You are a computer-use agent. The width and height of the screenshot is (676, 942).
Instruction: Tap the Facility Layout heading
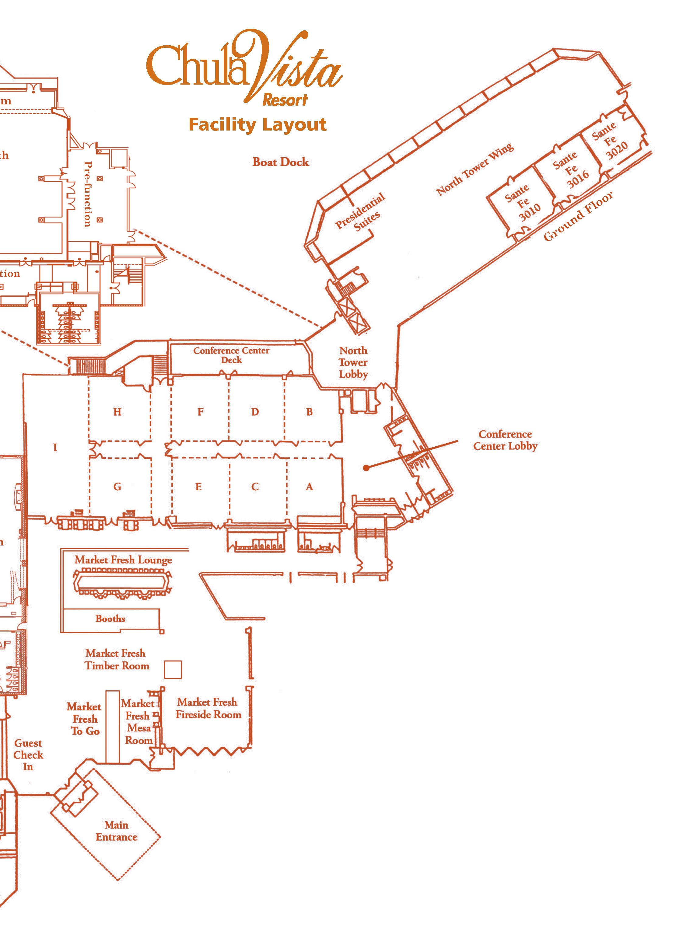[257, 125]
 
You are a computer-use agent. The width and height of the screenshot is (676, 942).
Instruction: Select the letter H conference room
[117, 412]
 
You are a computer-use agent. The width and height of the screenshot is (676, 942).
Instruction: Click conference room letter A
[309, 487]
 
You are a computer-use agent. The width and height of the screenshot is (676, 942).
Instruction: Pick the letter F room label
[200, 412]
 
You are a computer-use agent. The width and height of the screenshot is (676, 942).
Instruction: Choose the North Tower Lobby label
[353, 362]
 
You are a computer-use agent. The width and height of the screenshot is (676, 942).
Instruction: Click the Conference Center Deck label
[231, 355]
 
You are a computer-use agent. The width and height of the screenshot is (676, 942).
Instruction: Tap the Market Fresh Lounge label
[123, 560]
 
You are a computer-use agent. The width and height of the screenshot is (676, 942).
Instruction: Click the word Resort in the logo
[285, 100]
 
